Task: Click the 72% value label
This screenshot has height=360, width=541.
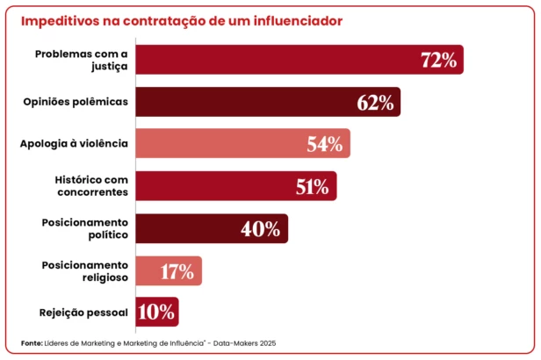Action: point(438,60)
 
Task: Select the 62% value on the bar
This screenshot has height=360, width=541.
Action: point(375,102)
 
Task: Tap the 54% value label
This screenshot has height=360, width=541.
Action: point(324,144)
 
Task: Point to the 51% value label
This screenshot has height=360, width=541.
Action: point(312,186)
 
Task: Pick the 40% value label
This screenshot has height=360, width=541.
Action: point(261,229)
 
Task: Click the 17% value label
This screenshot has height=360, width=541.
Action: point(177,271)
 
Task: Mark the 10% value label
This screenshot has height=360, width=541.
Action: point(155,313)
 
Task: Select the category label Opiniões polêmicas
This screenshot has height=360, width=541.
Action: point(76,102)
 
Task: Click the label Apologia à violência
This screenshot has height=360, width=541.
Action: point(75,143)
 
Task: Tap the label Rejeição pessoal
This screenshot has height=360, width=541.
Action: point(83,313)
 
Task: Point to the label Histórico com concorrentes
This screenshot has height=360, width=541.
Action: point(91,185)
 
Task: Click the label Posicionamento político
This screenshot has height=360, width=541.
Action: point(85,228)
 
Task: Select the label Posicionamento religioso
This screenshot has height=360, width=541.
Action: point(85,270)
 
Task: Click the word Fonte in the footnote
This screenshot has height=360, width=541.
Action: point(31,342)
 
